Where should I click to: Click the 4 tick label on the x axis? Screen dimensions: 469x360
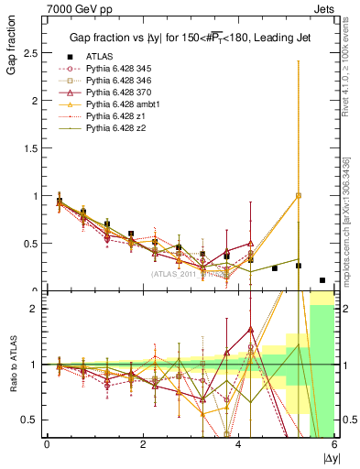[239, 445]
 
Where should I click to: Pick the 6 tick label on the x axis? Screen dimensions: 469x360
[334, 445]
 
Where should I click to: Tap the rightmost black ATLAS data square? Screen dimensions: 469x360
[322, 280]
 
